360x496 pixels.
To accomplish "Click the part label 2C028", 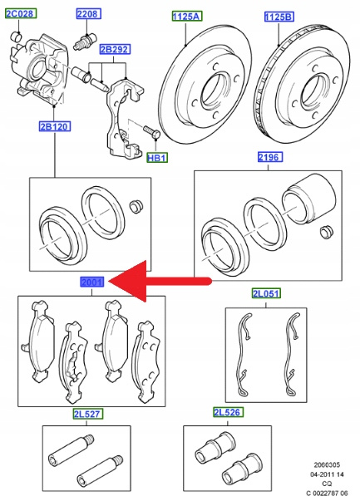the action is [21, 13].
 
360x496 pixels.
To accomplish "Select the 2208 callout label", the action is [89, 13].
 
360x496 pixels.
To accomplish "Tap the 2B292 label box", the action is [115, 49].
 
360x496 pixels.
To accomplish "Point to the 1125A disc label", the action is [187, 16].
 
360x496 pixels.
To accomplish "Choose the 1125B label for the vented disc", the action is [279, 17].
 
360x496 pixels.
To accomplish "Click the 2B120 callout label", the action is [55, 126].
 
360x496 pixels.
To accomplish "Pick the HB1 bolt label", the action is [157, 158].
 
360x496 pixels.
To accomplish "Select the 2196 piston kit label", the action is [269, 157].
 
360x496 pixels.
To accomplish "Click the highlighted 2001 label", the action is [91, 282].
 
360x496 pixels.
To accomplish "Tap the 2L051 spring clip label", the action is [266, 293].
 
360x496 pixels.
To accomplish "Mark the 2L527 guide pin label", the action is [86, 414].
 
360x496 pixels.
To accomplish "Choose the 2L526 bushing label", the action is [227, 412].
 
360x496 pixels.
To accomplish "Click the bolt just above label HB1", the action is [152, 131].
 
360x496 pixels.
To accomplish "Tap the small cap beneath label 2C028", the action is [17, 37].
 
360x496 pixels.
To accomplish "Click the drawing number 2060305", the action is [327, 465].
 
